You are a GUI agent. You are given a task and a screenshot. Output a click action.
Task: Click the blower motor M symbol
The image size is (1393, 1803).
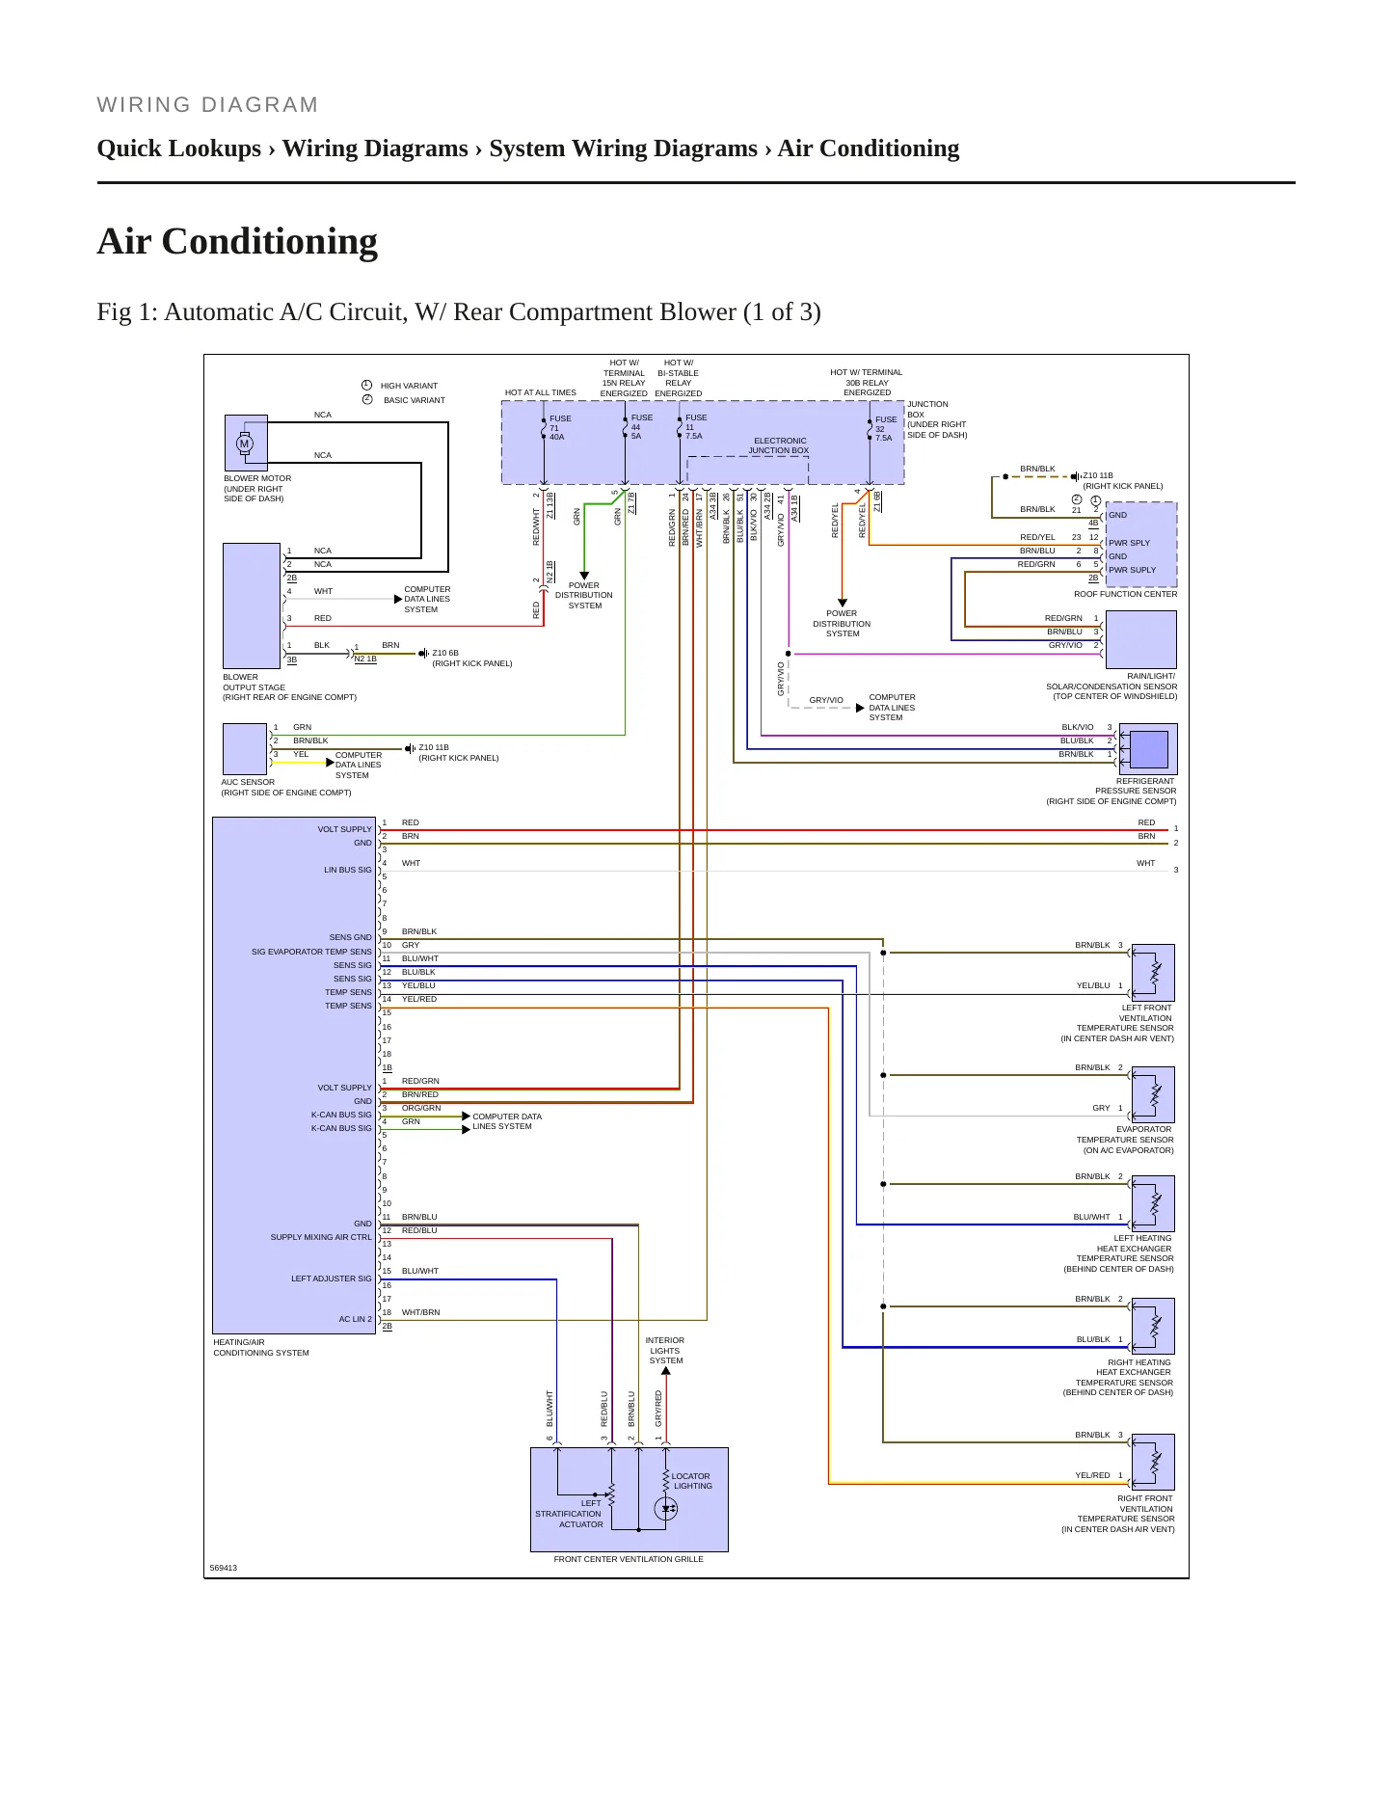click(244, 444)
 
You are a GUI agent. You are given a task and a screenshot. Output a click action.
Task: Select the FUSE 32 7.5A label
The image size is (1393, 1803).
click(885, 429)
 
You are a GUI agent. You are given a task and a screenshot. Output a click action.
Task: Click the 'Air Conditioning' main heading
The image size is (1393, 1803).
click(237, 241)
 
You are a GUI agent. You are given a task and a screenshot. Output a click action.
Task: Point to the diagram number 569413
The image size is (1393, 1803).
click(224, 1568)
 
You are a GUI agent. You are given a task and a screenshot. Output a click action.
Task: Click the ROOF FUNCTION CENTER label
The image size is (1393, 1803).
click(1125, 594)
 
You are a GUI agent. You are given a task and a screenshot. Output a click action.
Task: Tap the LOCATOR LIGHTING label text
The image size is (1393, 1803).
click(691, 1481)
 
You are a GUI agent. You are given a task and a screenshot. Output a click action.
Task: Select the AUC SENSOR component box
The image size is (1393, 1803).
click(245, 749)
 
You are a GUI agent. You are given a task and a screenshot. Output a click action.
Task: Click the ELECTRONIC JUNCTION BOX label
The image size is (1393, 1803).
click(779, 445)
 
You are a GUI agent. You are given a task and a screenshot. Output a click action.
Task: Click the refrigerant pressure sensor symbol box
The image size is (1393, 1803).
click(1148, 749)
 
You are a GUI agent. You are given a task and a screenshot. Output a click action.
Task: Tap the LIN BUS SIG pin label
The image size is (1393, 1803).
click(347, 870)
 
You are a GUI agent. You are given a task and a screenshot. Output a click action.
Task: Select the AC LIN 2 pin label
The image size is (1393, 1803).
click(355, 1319)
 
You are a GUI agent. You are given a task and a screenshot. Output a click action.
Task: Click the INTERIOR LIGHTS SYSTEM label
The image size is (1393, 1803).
click(665, 1351)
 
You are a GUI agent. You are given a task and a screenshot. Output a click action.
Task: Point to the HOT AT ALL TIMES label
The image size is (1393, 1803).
click(541, 392)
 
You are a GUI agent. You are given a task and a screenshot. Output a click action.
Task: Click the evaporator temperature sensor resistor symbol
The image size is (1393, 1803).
click(1154, 1094)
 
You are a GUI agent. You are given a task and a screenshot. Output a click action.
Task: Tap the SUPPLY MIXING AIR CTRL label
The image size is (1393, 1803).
click(321, 1237)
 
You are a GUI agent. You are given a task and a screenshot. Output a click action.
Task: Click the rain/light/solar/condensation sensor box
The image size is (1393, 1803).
click(1140, 639)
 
